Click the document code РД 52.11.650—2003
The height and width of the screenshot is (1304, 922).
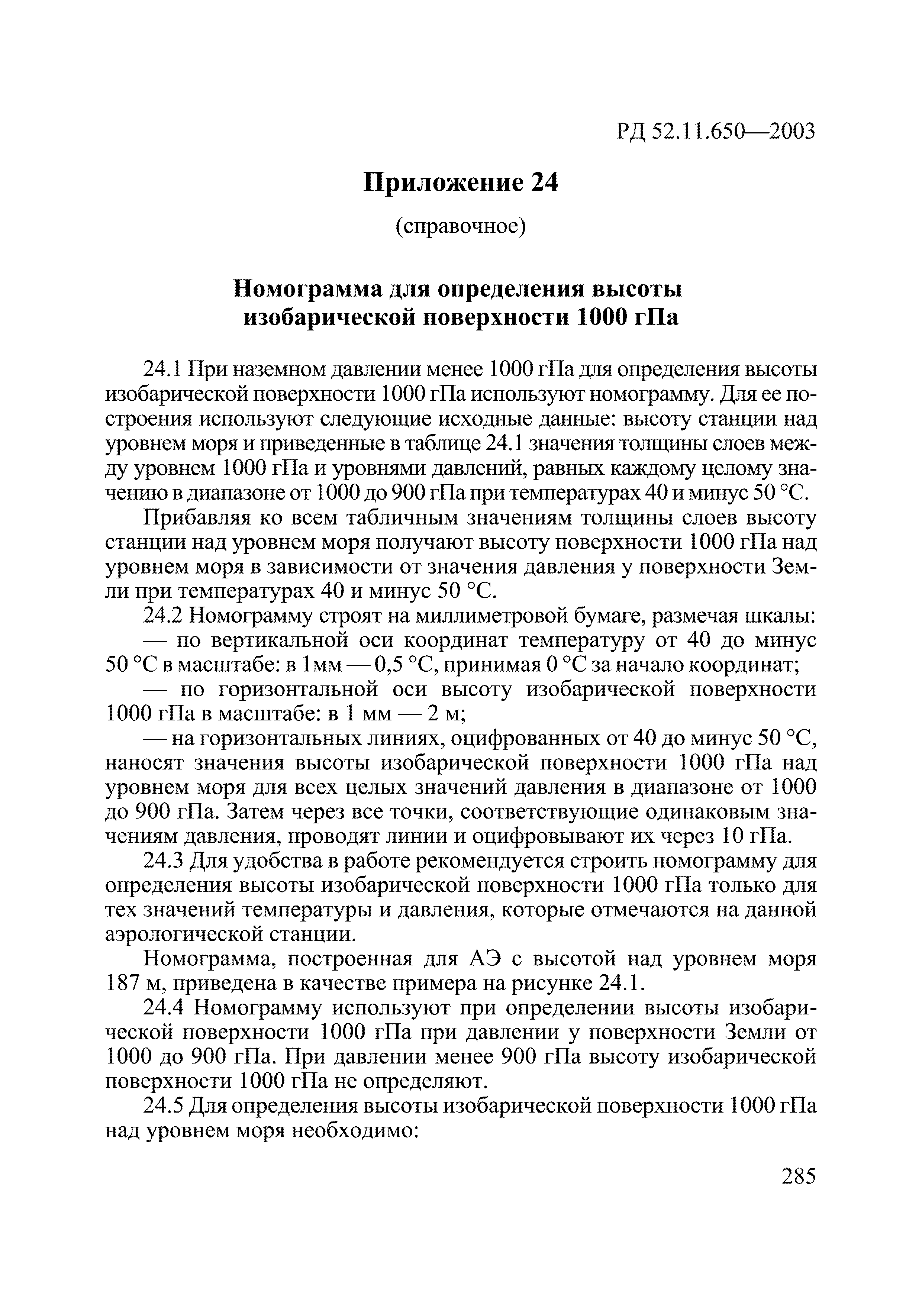(x=715, y=131)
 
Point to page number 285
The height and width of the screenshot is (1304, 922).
(x=798, y=1176)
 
